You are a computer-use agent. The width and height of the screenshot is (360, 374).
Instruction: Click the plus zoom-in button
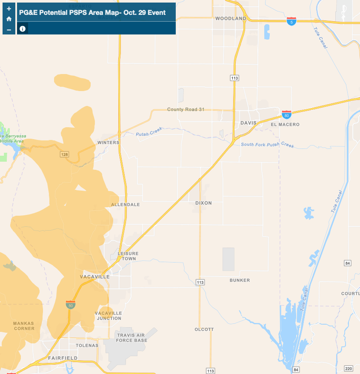click(9, 9)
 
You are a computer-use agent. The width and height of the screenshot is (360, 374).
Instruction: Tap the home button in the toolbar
click(9, 19)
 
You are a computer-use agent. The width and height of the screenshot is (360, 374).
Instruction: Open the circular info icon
click(23, 29)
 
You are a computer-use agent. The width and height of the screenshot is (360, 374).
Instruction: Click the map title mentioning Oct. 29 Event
click(92, 12)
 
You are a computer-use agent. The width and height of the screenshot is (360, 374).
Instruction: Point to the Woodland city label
click(231, 19)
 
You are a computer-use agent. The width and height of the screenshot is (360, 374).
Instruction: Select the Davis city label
click(249, 123)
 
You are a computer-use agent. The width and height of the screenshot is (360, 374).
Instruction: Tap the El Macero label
click(285, 125)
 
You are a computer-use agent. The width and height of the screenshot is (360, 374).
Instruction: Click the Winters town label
click(108, 143)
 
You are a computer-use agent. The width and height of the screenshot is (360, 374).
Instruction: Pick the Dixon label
click(203, 203)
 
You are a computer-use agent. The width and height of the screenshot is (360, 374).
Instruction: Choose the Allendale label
click(125, 205)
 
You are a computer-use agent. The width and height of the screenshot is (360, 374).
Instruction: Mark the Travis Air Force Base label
click(132, 338)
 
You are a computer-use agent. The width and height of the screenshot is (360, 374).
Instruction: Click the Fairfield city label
click(63, 358)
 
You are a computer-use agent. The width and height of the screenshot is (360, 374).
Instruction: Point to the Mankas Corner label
click(23, 326)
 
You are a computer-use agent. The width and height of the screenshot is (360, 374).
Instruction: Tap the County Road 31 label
click(186, 110)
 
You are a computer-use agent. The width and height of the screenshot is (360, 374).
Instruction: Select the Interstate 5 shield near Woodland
click(291, 21)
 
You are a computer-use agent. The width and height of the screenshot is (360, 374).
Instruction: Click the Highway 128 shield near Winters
click(64, 154)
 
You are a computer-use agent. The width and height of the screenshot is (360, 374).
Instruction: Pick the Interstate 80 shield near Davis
click(286, 114)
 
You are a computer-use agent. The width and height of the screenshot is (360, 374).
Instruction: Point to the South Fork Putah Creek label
click(267, 145)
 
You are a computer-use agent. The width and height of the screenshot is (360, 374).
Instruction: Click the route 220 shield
click(349, 368)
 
